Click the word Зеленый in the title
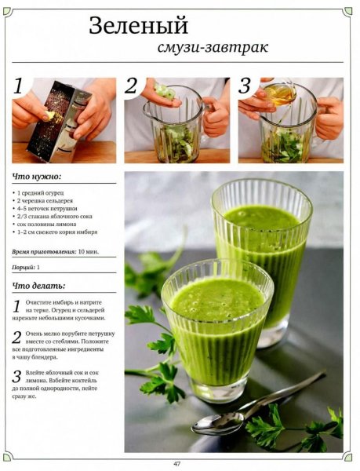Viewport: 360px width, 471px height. point(139,26)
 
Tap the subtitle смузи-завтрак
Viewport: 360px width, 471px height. point(213,47)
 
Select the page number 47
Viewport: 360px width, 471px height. point(177,464)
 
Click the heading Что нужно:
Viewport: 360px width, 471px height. point(37,177)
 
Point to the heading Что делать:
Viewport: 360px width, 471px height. point(38,286)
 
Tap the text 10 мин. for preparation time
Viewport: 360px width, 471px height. point(89,252)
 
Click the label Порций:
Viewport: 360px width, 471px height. point(24,268)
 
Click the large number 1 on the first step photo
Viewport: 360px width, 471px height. point(19,86)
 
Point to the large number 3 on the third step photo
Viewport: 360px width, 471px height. point(245,86)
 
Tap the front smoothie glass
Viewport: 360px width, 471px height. point(217,330)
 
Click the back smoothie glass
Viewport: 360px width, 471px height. point(262,255)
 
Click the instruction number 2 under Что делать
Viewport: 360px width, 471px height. point(16,338)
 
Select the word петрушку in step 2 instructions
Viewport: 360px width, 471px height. point(102,334)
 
